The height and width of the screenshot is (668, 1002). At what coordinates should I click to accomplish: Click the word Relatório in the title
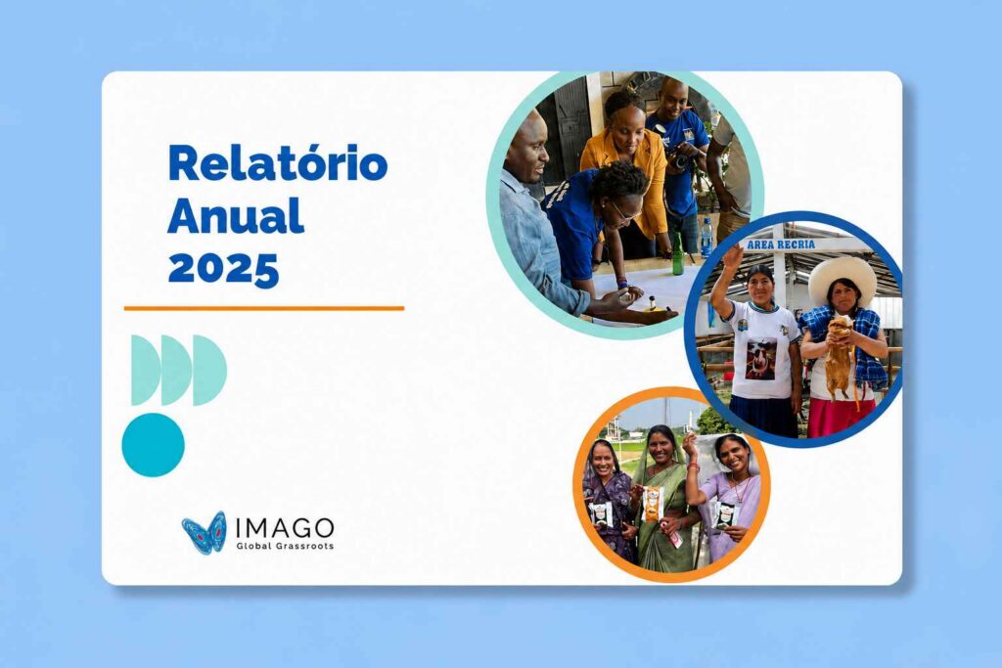pos(277,163)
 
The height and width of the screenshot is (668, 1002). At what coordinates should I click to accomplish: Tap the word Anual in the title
pos(235,215)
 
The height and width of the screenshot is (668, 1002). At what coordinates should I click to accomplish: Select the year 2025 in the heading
pos(223,268)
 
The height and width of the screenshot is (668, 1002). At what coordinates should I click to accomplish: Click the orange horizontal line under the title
pos(264,308)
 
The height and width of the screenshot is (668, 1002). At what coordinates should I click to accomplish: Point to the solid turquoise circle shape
pos(153,444)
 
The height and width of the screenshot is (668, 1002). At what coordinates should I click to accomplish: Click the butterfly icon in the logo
pos(204,532)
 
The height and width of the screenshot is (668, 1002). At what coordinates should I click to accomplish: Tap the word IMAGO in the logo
pos(285,527)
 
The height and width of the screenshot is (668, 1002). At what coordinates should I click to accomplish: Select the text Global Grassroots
pos(285,546)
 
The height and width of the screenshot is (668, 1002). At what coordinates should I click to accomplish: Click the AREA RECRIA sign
pos(781,245)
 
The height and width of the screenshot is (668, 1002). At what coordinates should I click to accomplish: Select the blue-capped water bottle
pos(706,237)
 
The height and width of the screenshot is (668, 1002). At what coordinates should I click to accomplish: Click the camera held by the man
pos(679,156)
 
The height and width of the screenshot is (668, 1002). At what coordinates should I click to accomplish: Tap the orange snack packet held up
pos(653,505)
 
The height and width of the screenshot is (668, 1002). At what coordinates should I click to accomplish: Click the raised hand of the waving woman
pos(732,255)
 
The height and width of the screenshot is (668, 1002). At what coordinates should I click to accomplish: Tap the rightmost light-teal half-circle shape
pos(209,371)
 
